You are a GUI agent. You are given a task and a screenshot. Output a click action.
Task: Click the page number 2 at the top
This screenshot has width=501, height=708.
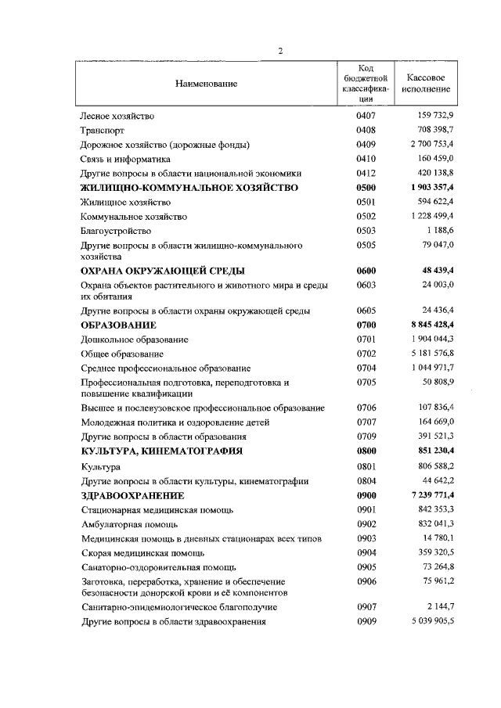point(280,52)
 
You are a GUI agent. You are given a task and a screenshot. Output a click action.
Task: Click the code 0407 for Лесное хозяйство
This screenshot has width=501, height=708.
point(366,116)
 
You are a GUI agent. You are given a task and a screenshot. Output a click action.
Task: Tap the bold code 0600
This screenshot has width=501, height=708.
point(366,271)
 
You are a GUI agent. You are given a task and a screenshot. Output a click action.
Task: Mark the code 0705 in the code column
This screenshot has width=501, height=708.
point(366,383)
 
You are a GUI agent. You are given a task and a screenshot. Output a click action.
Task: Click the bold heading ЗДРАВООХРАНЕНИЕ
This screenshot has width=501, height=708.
point(132,496)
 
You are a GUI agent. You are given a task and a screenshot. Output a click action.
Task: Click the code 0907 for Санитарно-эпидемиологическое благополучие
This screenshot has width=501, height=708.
point(366,607)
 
